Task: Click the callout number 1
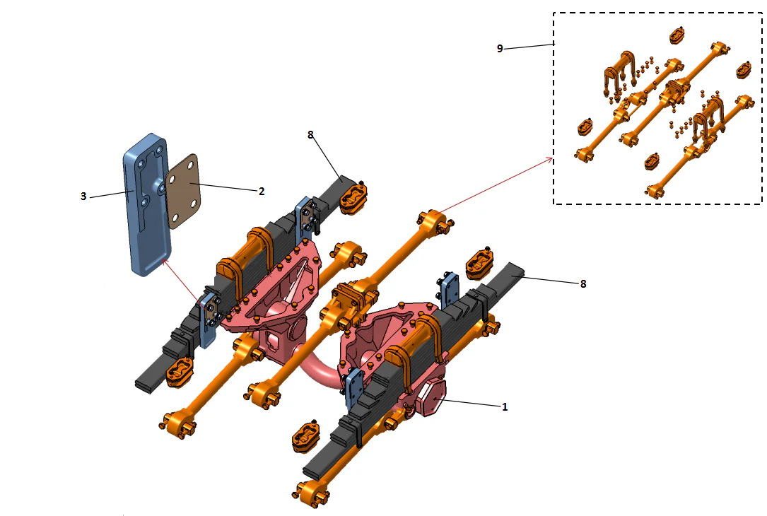[x=504, y=407]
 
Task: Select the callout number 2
[x=261, y=191]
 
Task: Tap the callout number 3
[x=83, y=197]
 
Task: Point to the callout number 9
[x=500, y=48]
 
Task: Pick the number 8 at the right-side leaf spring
[x=582, y=284]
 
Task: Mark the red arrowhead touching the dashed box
[x=550, y=160]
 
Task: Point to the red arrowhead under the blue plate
[x=165, y=261]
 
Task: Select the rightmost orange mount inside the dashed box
[x=744, y=70]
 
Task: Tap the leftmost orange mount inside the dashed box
[x=585, y=127]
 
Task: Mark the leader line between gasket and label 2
[x=226, y=187]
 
